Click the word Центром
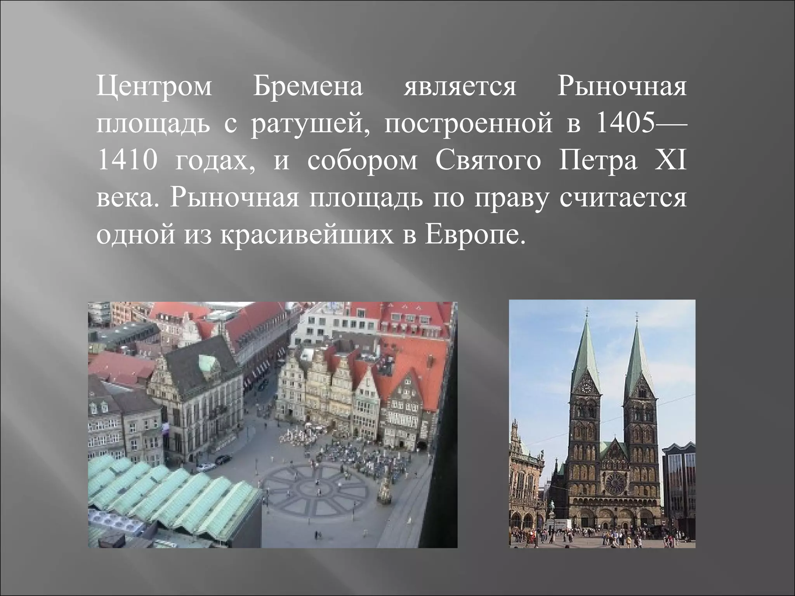point(154,87)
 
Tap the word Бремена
point(309,87)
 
